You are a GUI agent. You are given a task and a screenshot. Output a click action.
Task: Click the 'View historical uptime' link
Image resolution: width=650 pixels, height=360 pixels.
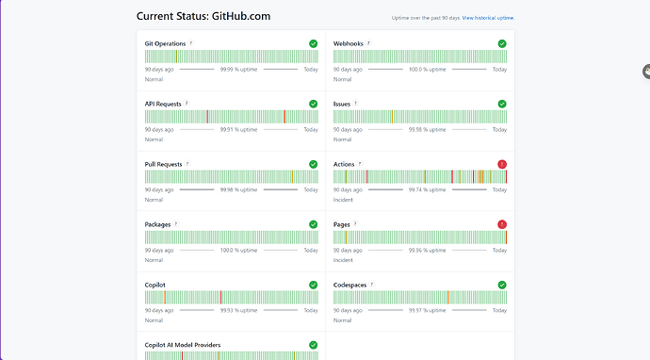pyautogui.click(x=488, y=18)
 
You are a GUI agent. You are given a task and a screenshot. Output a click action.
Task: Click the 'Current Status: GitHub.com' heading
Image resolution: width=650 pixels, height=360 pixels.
pyautogui.click(x=203, y=16)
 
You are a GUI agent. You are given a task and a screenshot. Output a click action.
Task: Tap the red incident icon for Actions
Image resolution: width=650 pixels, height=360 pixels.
pyautogui.click(x=502, y=164)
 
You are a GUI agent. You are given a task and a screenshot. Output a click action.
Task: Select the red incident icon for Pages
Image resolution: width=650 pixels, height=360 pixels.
pyautogui.click(x=502, y=224)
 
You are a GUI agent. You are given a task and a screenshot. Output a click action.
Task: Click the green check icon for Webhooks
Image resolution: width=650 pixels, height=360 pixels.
pyautogui.click(x=502, y=43)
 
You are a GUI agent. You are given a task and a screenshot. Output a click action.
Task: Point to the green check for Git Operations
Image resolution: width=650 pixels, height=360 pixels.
pyautogui.click(x=314, y=43)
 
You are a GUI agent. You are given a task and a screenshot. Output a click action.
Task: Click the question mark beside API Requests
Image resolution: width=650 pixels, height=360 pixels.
pyautogui.click(x=187, y=104)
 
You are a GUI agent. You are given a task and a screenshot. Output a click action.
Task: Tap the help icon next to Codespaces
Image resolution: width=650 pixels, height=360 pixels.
pyautogui.click(x=372, y=285)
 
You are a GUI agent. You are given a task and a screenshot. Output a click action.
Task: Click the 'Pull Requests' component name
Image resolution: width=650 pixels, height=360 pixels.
pyautogui.click(x=163, y=164)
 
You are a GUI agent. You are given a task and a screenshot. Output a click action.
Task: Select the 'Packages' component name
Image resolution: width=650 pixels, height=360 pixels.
pyautogui.click(x=157, y=224)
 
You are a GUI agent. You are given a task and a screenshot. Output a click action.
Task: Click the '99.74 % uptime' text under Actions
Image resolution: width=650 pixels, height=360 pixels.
pyautogui.click(x=427, y=189)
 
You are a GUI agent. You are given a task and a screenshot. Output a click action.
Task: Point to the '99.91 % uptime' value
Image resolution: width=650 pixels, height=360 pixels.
pyautogui.click(x=238, y=129)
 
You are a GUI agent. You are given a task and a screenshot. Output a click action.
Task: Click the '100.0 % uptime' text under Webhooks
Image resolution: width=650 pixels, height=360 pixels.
pyautogui.click(x=427, y=69)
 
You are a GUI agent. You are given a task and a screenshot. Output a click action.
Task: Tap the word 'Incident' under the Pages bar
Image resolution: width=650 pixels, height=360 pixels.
pyautogui.click(x=343, y=260)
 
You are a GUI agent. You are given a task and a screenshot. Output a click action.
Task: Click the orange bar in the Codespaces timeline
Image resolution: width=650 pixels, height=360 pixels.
pyautogui.click(x=448, y=298)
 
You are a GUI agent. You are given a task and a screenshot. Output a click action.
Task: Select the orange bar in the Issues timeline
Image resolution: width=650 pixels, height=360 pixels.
pyautogui.click(x=392, y=117)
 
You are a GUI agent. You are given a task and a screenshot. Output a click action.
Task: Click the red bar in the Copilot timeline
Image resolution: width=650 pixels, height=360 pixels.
pyautogui.click(x=221, y=298)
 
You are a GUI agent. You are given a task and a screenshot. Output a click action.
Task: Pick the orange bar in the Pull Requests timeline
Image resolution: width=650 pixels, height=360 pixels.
pyautogui.click(x=292, y=176)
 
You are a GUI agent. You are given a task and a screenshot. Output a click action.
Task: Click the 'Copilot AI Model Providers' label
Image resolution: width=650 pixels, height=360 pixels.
pyautogui.click(x=183, y=345)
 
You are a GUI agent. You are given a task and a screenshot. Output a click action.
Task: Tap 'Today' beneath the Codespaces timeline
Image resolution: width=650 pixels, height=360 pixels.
pyautogui.click(x=499, y=310)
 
